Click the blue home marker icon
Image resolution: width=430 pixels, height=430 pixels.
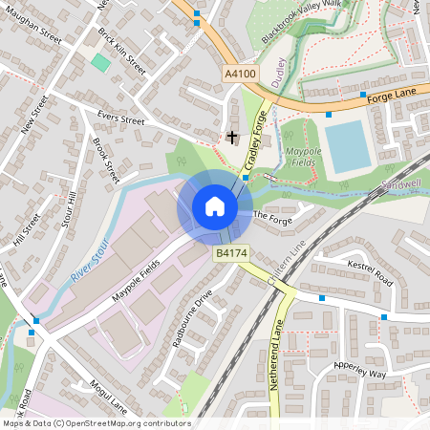coord(215,206)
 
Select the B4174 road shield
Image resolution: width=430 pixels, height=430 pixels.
coord(231,253)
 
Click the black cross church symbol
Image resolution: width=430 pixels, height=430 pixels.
coord(231,138)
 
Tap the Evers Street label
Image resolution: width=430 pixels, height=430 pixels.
coord(121,120)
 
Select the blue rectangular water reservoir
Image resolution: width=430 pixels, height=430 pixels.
coord(348,145)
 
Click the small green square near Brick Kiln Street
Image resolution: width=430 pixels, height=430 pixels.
coord(100,62)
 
